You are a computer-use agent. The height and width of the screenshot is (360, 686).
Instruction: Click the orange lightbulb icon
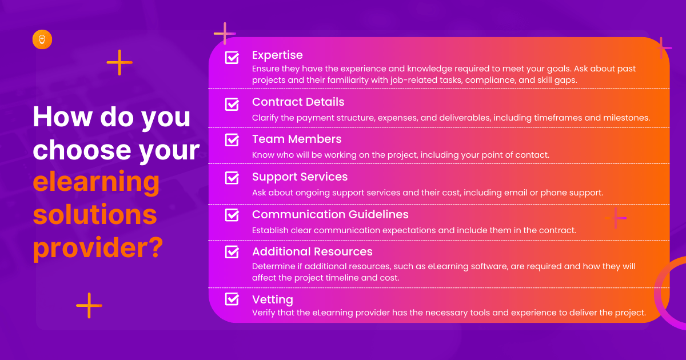click(42, 39)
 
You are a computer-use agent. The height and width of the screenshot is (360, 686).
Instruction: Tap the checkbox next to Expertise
click(232, 57)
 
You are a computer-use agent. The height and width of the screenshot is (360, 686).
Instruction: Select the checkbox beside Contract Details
click(232, 104)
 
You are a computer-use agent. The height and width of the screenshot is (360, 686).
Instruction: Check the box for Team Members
click(232, 139)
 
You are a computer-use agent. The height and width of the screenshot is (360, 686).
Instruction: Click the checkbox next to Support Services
click(232, 178)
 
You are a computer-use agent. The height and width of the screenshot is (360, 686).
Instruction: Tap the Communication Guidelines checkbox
click(232, 215)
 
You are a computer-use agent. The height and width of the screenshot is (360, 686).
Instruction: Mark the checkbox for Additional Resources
click(232, 252)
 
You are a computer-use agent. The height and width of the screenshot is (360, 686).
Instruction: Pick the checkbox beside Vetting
click(232, 299)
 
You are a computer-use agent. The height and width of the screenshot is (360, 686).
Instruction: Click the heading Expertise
click(277, 55)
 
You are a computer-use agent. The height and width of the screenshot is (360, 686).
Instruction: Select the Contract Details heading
click(298, 102)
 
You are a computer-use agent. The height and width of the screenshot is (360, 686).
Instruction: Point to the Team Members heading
click(297, 139)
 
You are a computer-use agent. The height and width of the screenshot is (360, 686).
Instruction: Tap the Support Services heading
click(300, 177)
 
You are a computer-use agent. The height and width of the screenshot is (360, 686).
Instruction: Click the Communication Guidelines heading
click(330, 215)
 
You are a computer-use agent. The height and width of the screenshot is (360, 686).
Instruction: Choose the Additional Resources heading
click(312, 251)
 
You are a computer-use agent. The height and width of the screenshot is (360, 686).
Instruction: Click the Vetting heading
click(273, 299)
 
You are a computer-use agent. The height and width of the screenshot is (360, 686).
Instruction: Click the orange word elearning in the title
click(96, 182)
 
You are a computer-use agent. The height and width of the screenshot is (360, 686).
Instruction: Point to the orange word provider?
click(98, 248)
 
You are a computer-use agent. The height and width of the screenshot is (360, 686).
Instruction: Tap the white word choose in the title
click(82, 150)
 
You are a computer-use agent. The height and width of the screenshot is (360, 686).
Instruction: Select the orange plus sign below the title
click(89, 306)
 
